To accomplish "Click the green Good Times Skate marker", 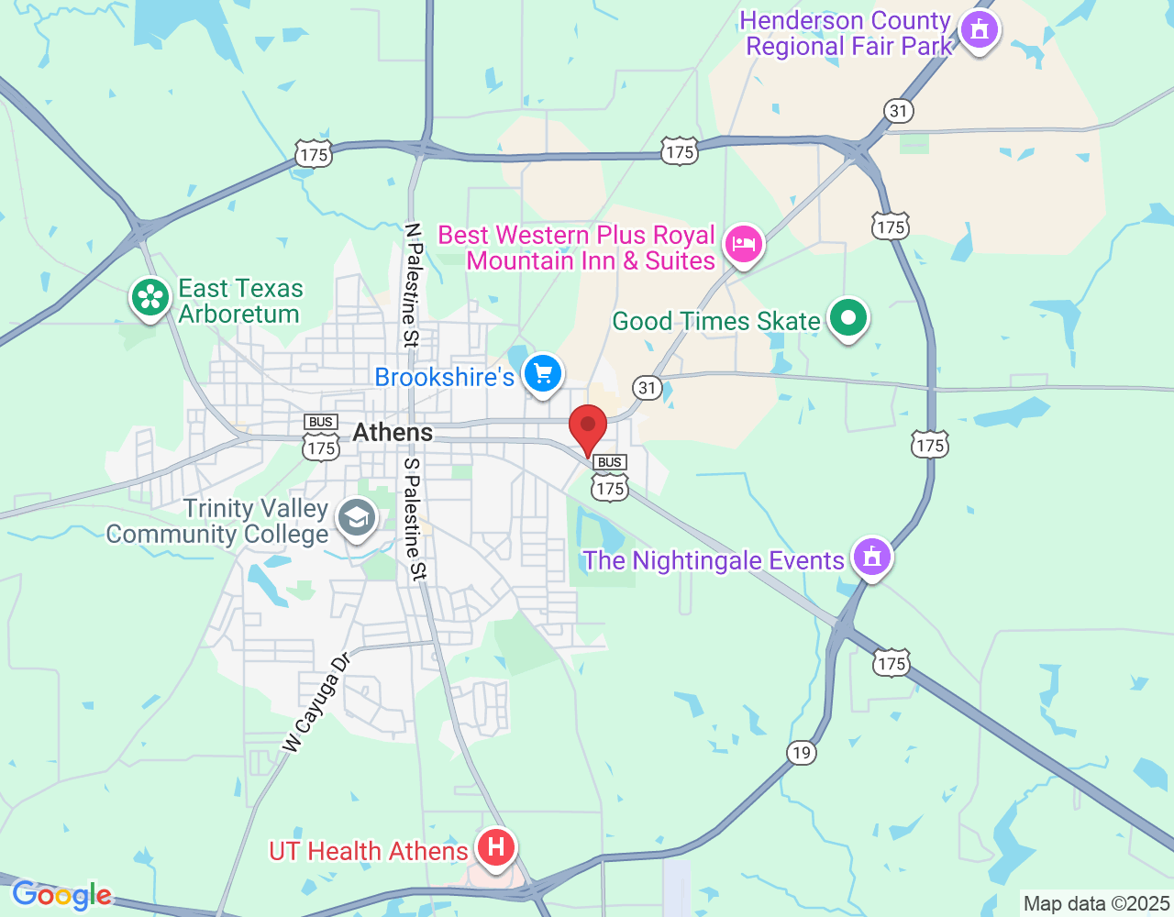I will pos(848,319).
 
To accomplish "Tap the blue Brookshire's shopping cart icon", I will pos(543,374).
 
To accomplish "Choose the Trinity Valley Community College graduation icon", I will pos(357,519).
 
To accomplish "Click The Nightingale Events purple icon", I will pos(871,557).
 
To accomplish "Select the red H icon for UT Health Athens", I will pos(496,847).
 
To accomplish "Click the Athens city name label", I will pos(393,432).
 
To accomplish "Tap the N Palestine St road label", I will pos(412,285).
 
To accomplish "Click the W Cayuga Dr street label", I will pos(316,703).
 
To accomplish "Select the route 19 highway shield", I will pos(802,753).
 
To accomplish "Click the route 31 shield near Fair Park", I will pos(899,112).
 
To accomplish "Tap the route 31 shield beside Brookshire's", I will pos(648,387).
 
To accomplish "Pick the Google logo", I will pos(61,895).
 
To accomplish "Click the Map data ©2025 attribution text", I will pos(1096,904).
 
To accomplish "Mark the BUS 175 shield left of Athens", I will pos(321,437).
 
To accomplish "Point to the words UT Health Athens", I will pos(369,851).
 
